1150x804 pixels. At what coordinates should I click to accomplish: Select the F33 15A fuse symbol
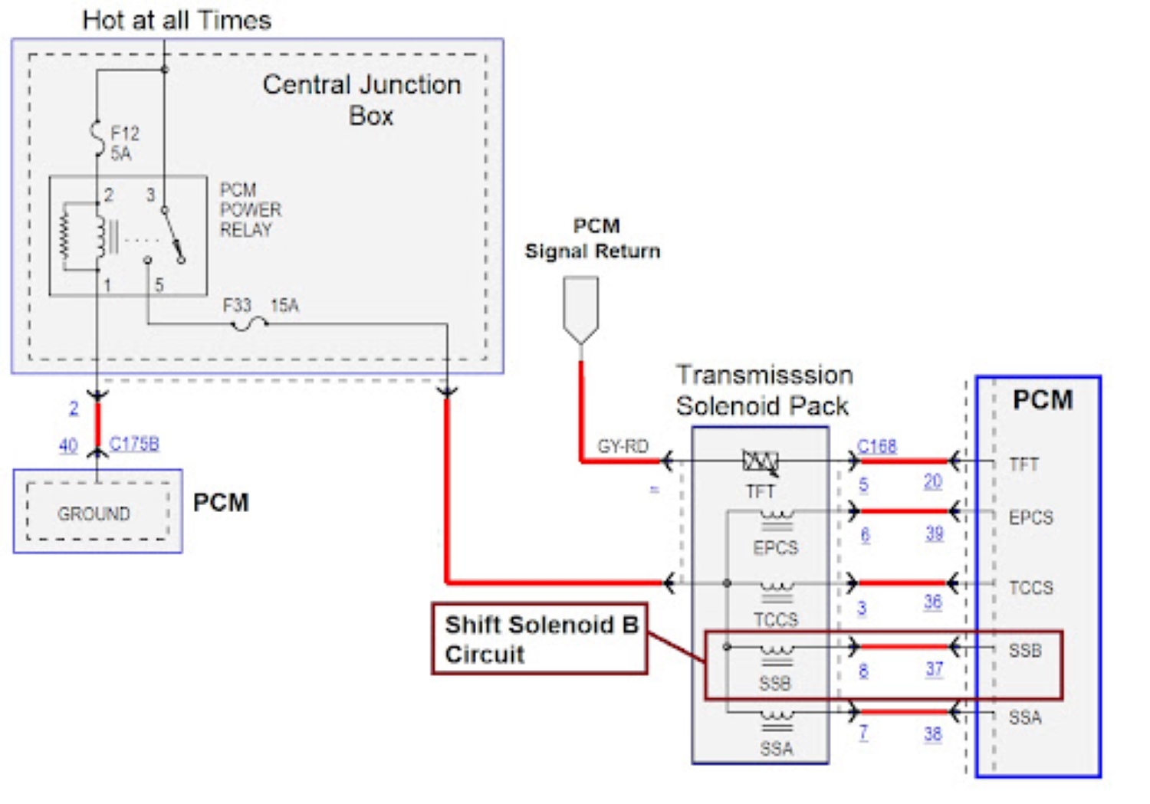click(x=249, y=324)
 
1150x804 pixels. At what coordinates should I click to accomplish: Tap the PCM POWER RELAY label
click(x=250, y=209)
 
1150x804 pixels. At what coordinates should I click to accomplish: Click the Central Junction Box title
click(x=362, y=100)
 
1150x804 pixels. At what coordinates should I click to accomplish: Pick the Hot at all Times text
click(x=176, y=20)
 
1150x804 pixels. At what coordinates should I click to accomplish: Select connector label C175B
click(x=134, y=444)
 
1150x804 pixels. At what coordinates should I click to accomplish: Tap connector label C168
click(x=876, y=446)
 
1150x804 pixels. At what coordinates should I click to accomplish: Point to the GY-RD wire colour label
click(x=623, y=446)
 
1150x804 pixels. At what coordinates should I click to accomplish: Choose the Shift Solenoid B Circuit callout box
click(x=540, y=639)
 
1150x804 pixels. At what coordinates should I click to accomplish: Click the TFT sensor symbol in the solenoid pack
click(x=760, y=461)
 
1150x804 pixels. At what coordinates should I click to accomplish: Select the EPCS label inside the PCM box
click(x=1030, y=517)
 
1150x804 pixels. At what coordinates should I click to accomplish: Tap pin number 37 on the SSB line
click(x=934, y=668)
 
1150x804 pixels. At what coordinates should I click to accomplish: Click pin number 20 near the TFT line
click(x=932, y=481)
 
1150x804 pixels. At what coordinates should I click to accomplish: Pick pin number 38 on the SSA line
click(x=932, y=733)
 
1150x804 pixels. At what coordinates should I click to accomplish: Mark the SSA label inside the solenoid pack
click(x=776, y=748)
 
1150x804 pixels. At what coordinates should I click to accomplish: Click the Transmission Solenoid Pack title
click(x=763, y=390)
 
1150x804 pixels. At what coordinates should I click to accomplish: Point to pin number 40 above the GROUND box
click(x=68, y=445)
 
